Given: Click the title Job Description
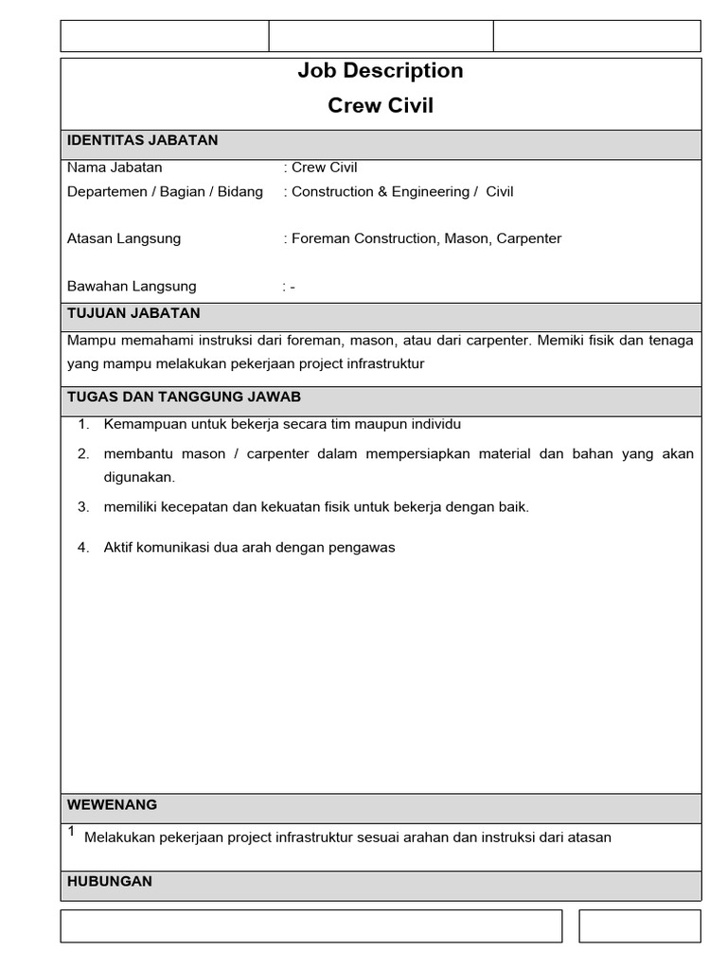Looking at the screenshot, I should [381, 71].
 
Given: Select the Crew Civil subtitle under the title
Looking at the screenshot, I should [381, 106].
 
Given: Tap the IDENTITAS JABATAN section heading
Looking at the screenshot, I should [142, 141].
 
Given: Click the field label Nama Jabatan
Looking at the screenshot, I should [115, 167].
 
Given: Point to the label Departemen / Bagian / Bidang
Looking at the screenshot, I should [165, 192].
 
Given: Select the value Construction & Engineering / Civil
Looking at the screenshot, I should [402, 192].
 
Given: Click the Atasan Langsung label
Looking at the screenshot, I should [124, 238].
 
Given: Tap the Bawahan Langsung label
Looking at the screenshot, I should [132, 286].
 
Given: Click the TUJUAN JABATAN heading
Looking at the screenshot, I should [133, 313].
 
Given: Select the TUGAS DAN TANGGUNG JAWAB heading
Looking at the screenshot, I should [184, 396].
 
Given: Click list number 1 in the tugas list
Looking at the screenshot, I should [83, 424].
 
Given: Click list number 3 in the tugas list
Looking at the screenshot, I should [83, 506].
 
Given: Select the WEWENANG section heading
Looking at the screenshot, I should [112, 805].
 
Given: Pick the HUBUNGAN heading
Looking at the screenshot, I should [109, 881].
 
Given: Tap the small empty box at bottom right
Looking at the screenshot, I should [640, 926].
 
